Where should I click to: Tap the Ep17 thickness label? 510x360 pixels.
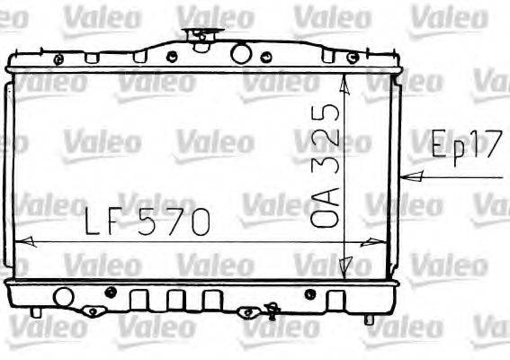463,146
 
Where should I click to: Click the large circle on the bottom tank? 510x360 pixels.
63,296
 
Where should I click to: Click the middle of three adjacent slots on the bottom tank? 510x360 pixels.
176,299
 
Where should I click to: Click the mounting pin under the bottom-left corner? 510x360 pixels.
36,312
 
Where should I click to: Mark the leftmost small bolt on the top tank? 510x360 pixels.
58,59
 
